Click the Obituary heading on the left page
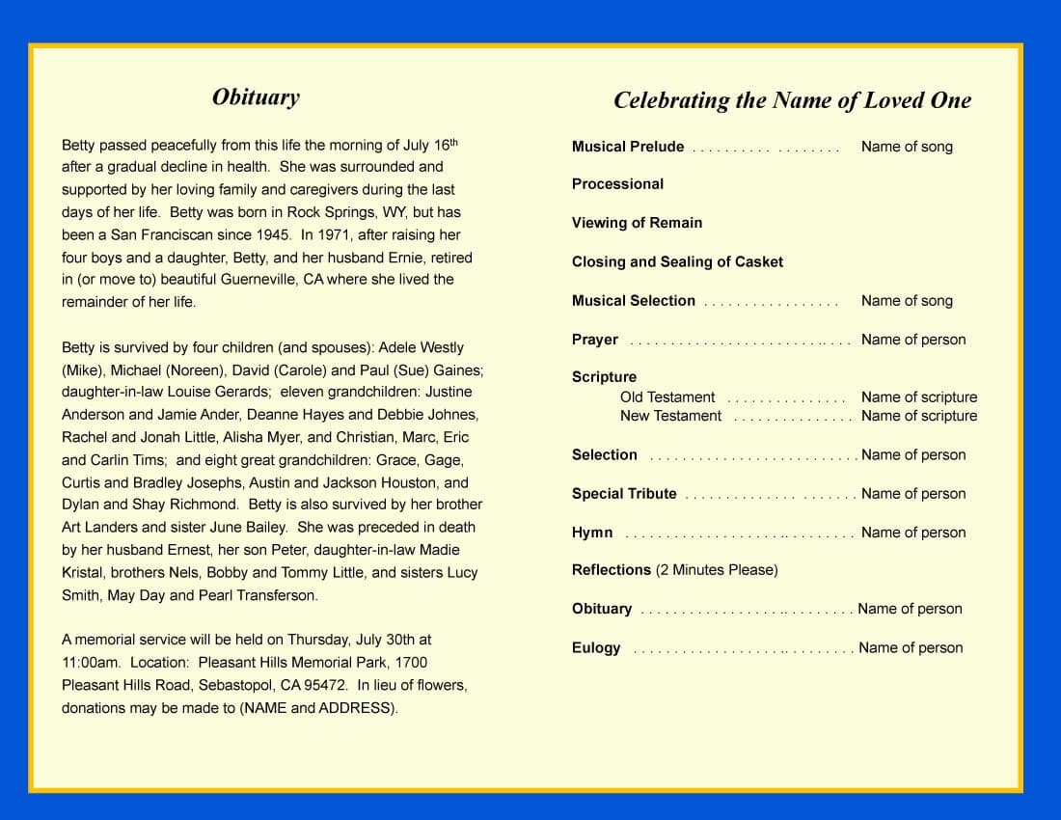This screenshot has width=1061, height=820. tap(256, 96)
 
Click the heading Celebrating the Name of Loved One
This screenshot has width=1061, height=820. tap(792, 100)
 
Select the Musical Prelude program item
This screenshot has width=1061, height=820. tap(627, 147)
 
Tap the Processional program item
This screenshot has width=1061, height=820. tap(617, 184)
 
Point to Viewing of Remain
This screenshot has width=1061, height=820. tap(637, 223)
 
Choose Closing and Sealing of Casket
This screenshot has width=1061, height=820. tap(677, 261)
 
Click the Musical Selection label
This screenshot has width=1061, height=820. tap(633, 301)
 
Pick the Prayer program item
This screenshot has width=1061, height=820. tap(594, 340)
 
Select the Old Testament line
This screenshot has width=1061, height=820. tap(667, 397)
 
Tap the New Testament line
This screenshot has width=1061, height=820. tap(670, 416)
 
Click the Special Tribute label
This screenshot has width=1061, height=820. tap(624, 494)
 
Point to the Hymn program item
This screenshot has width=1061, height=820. tap(591, 533)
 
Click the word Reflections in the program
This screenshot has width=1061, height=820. tap(612, 570)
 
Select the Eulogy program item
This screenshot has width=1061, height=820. tap(596, 648)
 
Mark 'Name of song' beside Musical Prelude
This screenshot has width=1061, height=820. tap(907, 147)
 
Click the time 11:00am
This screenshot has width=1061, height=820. tap(92, 663)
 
